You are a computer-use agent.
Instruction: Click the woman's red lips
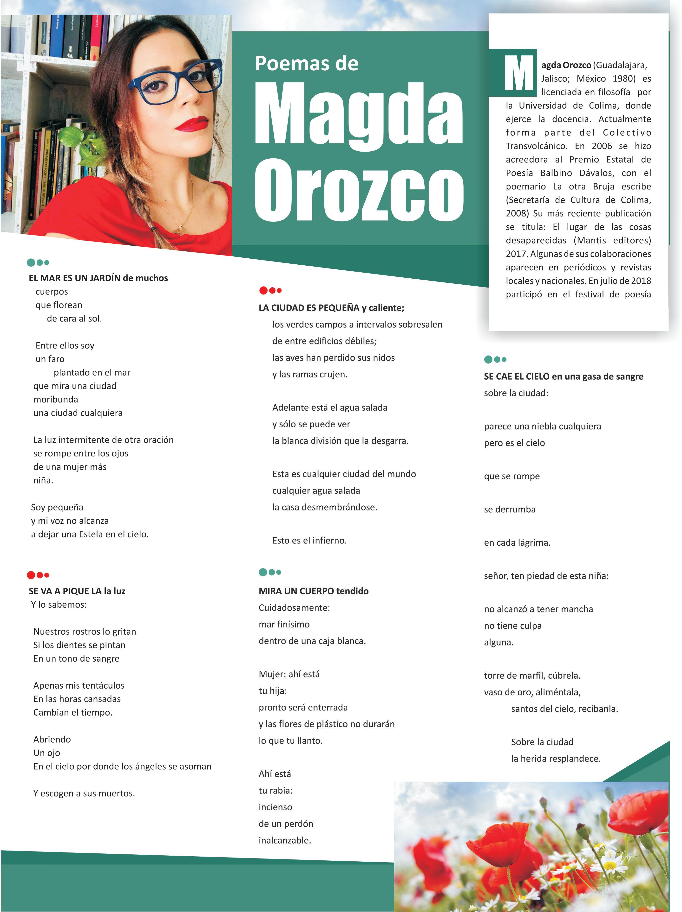(x=192, y=124)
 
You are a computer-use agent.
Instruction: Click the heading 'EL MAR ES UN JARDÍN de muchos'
(x=98, y=278)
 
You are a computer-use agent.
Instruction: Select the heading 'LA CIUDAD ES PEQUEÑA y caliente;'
(x=331, y=308)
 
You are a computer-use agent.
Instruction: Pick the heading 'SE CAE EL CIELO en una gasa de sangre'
(x=563, y=376)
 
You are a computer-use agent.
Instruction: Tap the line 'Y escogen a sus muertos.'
(x=84, y=793)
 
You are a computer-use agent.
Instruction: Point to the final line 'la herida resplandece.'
(x=556, y=759)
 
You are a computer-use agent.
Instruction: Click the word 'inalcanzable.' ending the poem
(x=284, y=840)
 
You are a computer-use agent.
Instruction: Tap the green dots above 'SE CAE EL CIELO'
(x=495, y=360)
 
